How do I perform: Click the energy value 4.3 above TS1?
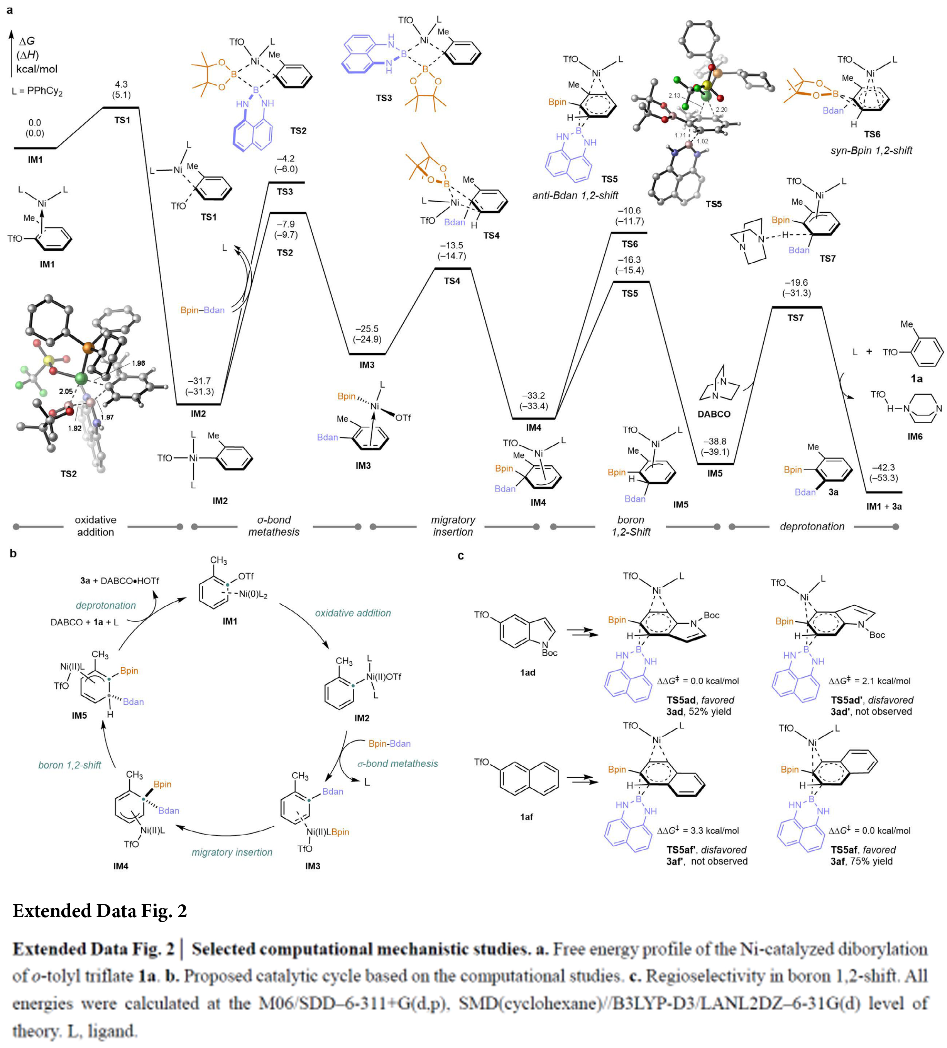[x=121, y=84]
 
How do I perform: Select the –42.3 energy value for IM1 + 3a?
[x=883, y=467]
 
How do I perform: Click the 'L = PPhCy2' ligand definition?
[x=37, y=92]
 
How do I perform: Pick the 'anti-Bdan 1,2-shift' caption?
[x=575, y=195]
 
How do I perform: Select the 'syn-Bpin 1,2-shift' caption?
[x=871, y=151]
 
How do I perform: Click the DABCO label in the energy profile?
[x=714, y=414]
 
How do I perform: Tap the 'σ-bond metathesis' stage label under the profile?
[x=274, y=526]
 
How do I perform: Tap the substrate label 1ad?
[x=527, y=672]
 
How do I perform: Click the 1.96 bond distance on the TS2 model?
[x=138, y=363]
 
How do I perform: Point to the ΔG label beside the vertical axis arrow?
[x=27, y=42]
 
